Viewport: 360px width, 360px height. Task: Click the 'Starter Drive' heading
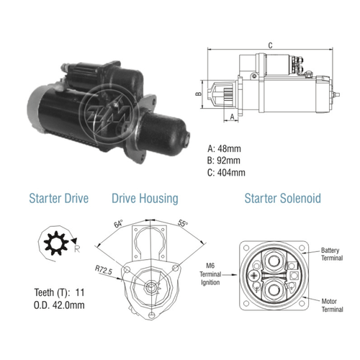[x=59, y=199]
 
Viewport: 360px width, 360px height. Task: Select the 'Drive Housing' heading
[x=145, y=199]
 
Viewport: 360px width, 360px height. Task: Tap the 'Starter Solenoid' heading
[x=283, y=199]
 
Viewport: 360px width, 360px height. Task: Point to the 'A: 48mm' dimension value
[x=224, y=149]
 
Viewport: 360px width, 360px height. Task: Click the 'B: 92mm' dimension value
[x=224, y=161]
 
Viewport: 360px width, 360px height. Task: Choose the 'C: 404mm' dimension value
[x=226, y=173]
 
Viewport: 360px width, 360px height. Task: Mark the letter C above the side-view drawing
[x=270, y=45]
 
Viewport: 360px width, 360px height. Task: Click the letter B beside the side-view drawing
[x=199, y=94]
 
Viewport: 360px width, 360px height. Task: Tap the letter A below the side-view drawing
[x=232, y=117]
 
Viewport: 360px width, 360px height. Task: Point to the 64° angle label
[x=118, y=224]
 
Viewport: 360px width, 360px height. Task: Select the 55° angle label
[x=183, y=223]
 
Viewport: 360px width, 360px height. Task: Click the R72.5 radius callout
[x=104, y=270]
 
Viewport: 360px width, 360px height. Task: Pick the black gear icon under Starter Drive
[x=56, y=243]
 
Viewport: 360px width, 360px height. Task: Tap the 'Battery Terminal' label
[x=332, y=254]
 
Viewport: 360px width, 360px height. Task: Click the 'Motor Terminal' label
[x=332, y=305]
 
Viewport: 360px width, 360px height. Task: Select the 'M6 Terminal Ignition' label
[x=210, y=274]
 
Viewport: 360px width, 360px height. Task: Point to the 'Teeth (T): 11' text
[x=59, y=292]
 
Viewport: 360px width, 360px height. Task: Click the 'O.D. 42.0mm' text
[x=59, y=305]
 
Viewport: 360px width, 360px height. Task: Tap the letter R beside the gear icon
[x=77, y=249]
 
